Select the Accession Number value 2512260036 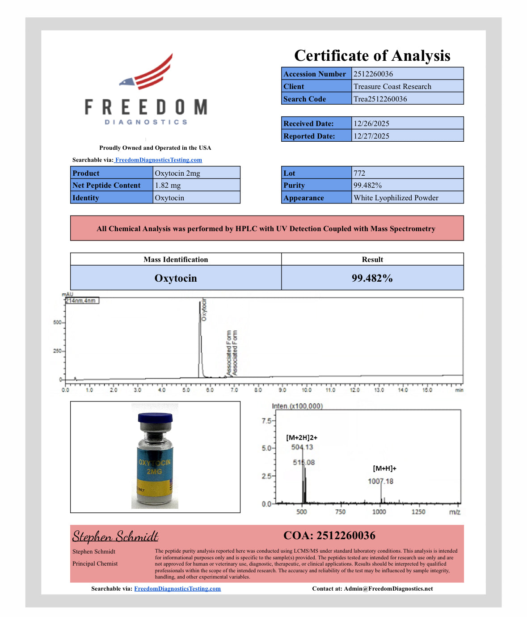pos(373,74)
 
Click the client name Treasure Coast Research pos(392,86)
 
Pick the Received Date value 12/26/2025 pos(371,123)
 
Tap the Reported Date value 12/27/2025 pos(371,136)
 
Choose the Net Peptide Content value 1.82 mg pos(168,185)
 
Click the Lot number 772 pos(359,173)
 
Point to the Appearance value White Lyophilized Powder pos(396,198)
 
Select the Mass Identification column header pos(176,259)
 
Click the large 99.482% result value pos(372,278)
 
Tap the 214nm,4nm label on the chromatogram pos(81,301)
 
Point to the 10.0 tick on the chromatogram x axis pos(307,390)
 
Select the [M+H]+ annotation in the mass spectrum pos(384,469)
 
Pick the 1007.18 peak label pos(380,482)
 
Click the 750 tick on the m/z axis pos(340,512)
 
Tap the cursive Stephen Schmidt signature pos(115,536)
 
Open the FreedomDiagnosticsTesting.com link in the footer pos(177,588)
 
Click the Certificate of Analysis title pos(372,55)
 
